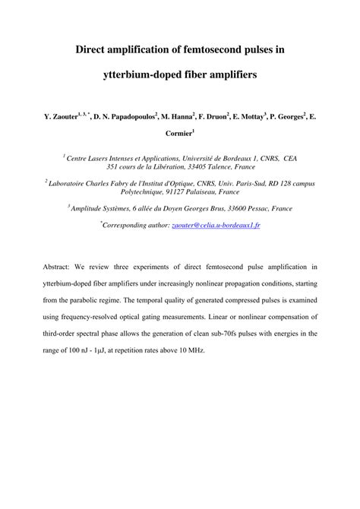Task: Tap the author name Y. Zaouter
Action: tap(63, 118)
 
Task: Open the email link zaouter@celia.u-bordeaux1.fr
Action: tap(216, 226)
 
